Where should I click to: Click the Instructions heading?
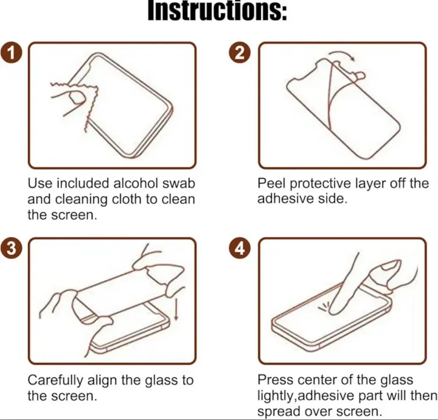pyautogui.click(x=217, y=10)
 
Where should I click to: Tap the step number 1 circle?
pyautogui.click(x=10, y=52)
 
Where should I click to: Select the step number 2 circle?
pyautogui.click(x=239, y=53)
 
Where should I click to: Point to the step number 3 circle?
pyautogui.click(x=10, y=248)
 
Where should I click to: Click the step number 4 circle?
pyautogui.click(x=239, y=248)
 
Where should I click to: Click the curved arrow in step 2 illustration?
pyautogui.click(x=342, y=54)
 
